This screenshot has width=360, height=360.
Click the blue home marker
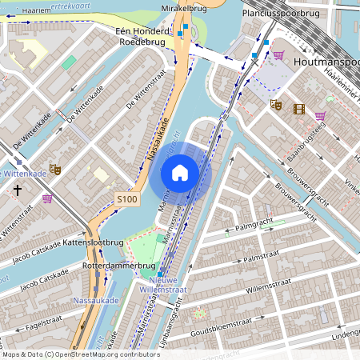[180, 173]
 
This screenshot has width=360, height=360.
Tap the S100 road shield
[127, 198]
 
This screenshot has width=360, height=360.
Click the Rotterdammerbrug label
[118, 266]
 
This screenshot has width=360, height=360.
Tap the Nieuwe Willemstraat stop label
[174, 286]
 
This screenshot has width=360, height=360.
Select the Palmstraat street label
[265, 258]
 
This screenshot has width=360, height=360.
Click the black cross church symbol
[18, 190]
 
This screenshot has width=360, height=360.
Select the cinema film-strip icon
[298, 109]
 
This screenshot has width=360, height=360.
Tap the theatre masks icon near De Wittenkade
[55, 169]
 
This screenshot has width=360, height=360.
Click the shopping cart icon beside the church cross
[47, 198]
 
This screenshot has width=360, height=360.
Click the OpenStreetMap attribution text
[70, 354]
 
